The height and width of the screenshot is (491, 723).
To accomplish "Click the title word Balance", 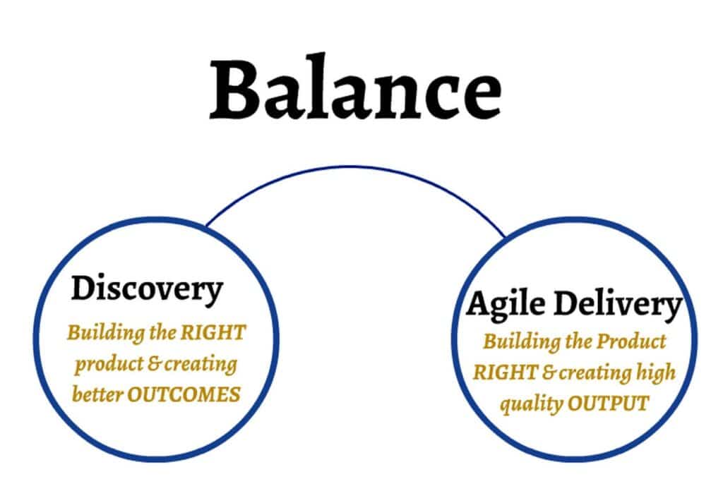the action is pos(356,87).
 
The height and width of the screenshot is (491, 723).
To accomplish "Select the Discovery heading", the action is pos(147,289).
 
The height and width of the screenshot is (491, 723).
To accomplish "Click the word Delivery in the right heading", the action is pos(618,305).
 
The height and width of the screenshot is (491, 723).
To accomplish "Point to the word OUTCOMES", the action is pos(184,395).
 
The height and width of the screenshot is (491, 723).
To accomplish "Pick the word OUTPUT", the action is pos(608,404).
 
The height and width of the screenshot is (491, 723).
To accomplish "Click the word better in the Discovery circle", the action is pos(97,395).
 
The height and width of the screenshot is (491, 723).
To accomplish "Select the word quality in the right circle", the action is pos(532,404).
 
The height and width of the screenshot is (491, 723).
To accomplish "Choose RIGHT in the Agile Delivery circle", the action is pos(506,372).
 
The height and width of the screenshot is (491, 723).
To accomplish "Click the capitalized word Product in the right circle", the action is pos(631,341).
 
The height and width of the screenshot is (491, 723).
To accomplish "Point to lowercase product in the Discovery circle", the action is pos(109,364).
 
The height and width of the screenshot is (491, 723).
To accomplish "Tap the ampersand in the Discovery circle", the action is pos(153,364).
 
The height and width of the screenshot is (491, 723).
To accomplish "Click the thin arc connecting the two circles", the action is pos(352,166).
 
